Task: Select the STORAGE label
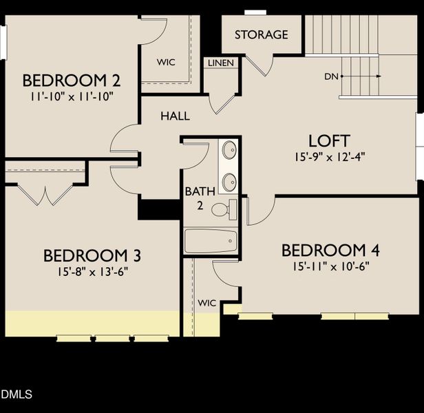(x=261, y=34)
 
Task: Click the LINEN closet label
(x=221, y=63)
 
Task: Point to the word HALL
(x=176, y=116)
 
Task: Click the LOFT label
(x=329, y=140)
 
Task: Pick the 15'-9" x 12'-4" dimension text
(x=329, y=156)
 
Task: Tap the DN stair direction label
(x=330, y=76)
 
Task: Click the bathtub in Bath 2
(x=211, y=242)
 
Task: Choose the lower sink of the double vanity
(x=230, y=181)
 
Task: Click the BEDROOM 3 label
(x=92, y=256)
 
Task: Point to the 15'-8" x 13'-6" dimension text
(x=92, y=271)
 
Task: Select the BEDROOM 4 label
(x=330, y=250)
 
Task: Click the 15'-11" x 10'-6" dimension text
(x=330, y=266)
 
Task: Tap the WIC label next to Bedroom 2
(x=165, y=62)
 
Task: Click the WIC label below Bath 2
(x=207, y=303)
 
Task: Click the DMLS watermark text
(x=17, y=394)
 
